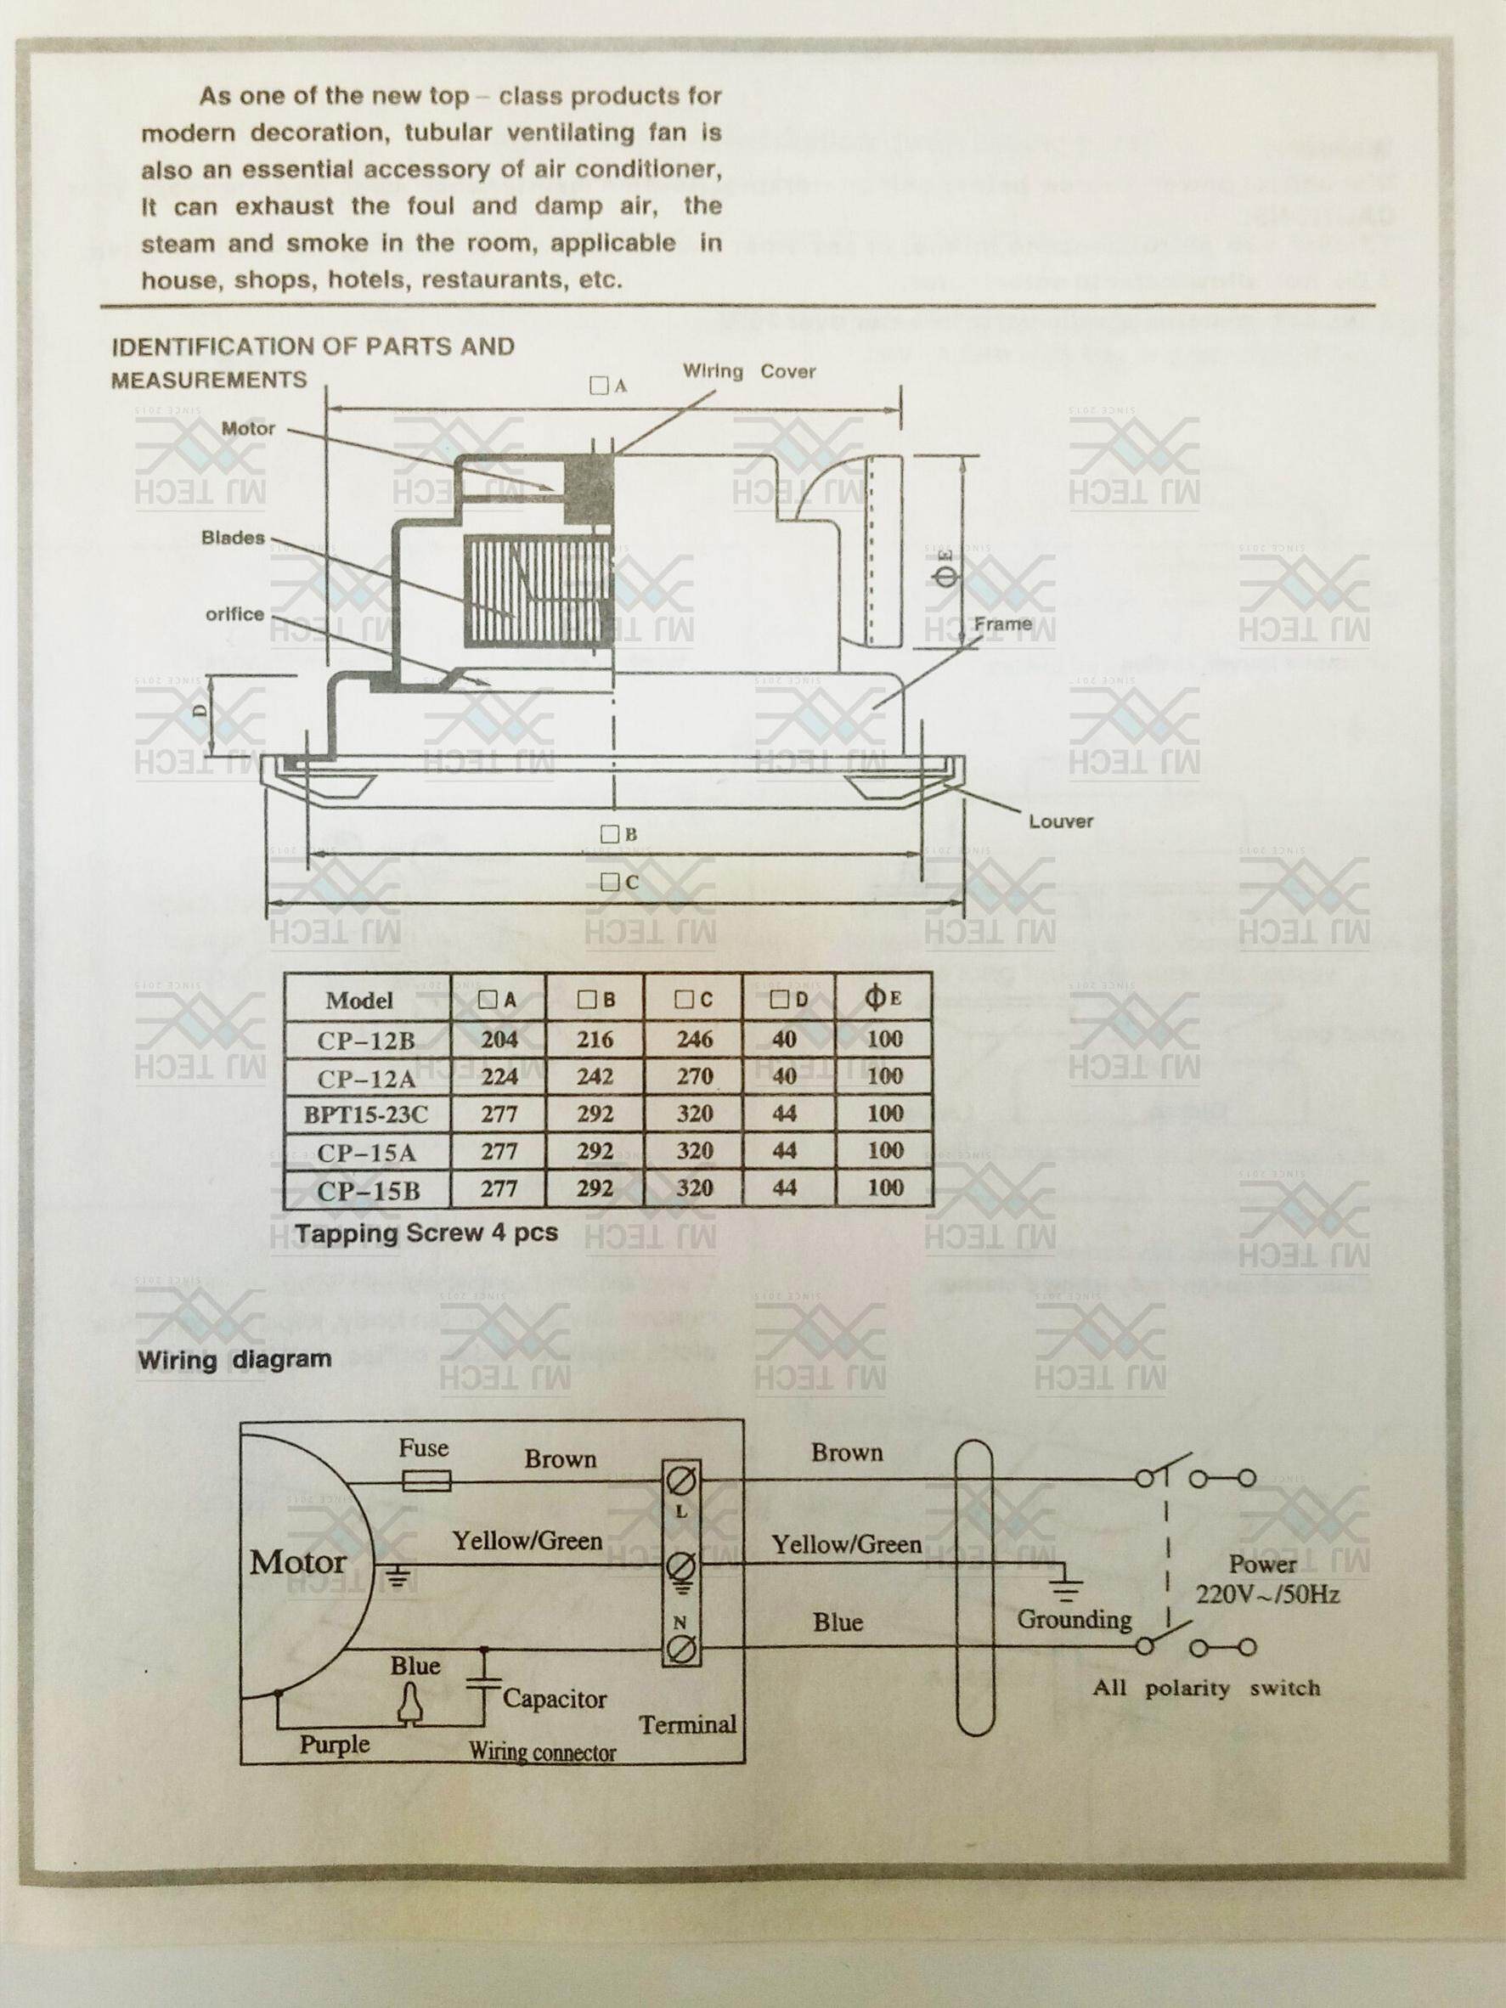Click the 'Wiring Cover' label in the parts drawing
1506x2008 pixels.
coord(749,371)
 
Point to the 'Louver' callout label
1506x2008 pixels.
coord(1060,821)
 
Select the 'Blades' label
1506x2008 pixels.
coord(233,538)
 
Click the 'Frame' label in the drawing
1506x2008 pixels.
coord(1002,623)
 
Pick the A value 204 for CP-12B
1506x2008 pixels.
coord(499,1039)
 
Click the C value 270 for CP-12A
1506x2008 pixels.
coord(695,1076)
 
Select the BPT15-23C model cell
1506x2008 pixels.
coord(368,1114)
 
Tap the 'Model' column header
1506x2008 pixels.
coord(359,1001)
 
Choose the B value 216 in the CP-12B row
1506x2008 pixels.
coord(595,1039)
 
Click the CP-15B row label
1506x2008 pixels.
coord(368,1190)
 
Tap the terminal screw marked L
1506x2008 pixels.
coord(682,1481)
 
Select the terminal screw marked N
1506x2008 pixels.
coord(682,1645)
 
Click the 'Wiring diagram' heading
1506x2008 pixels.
coord(234,1359)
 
